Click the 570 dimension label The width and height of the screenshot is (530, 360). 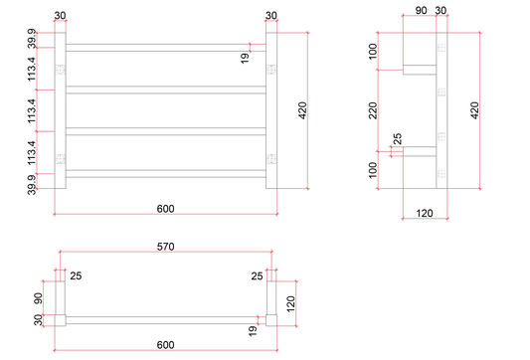point(166,247)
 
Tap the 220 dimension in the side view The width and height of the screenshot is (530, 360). point(373,110)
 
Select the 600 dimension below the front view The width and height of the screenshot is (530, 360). point(166,209)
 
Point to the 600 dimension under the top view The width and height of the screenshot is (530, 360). point(166,345)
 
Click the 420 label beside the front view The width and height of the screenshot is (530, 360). point(302,110)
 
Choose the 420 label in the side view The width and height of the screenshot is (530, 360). point(474,110)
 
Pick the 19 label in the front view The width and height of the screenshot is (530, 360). point(245,58)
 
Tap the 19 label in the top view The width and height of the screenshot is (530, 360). point(253,331)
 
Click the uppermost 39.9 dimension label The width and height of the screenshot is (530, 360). point(32,39)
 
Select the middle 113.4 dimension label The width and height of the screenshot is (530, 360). point(32,110)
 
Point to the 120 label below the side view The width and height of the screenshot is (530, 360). point(425,213)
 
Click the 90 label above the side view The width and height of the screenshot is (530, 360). point(421,11)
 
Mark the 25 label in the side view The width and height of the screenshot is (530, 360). point(398,139)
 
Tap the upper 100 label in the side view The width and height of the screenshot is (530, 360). point(373,52)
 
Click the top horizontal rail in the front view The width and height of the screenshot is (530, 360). point(166,48)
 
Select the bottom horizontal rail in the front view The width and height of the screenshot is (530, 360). point(166,174)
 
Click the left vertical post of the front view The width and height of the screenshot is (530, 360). point(61,110)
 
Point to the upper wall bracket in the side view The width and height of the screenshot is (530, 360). point(420,70)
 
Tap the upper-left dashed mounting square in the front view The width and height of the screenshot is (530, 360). point(61,70)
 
